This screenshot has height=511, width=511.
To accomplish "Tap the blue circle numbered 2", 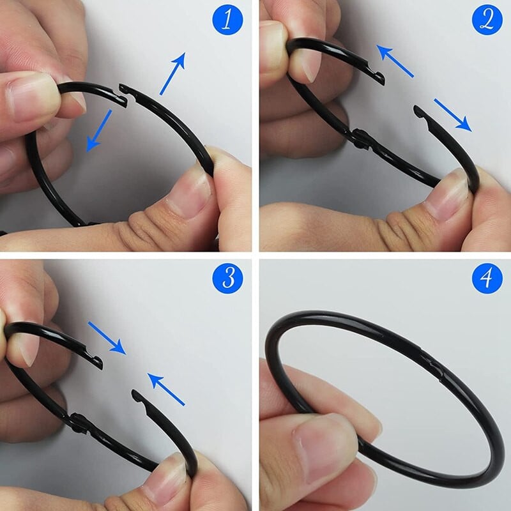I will pos(487,22).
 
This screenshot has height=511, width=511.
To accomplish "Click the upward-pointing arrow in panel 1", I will pos(172,73).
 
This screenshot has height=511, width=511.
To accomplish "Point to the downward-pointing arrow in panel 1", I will pos(99,131).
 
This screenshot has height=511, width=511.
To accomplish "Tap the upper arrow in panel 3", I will pos(107,337).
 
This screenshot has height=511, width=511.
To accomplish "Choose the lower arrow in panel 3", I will pos(166,389).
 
